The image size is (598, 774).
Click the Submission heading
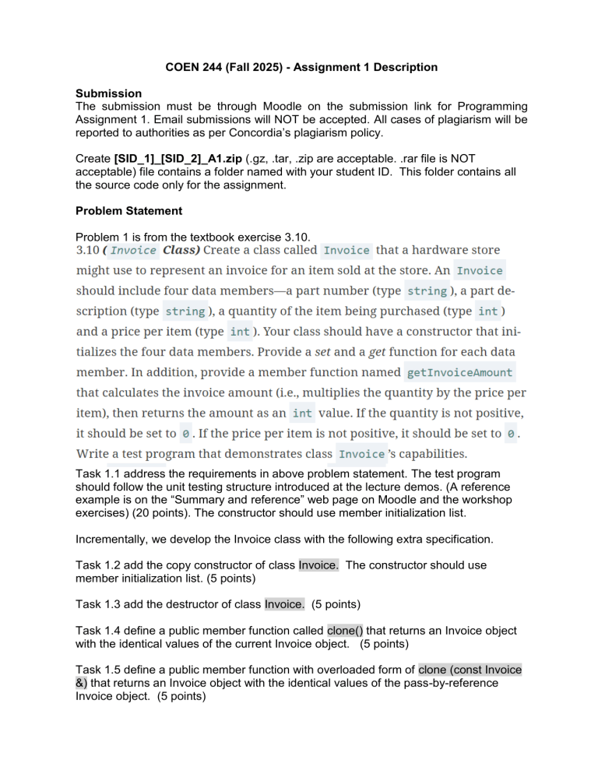tap(108, 93)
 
